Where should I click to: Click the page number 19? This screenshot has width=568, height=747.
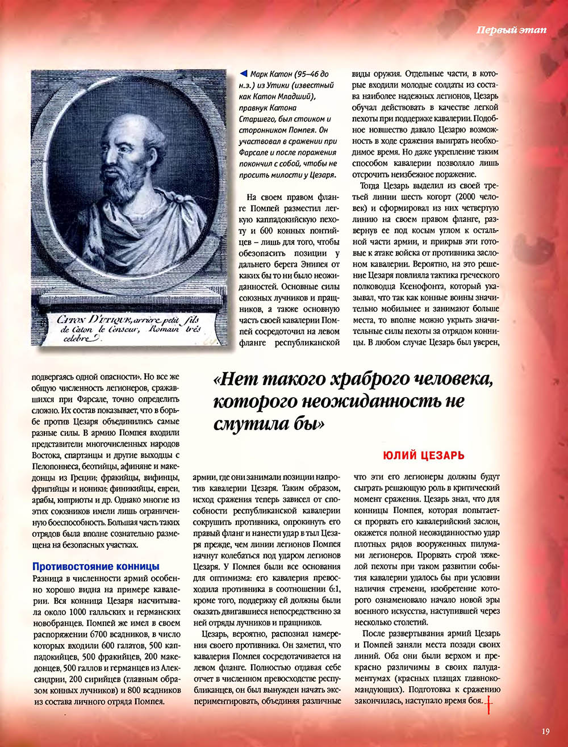coord(545,732)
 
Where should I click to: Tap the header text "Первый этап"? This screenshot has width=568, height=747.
coord(511,30)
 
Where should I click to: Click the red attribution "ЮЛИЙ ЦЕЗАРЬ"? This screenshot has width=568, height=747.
coord(424,456)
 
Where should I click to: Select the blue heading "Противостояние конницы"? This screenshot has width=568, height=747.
coord(96,566)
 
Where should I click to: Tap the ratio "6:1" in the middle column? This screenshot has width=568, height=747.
coord(332,589)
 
